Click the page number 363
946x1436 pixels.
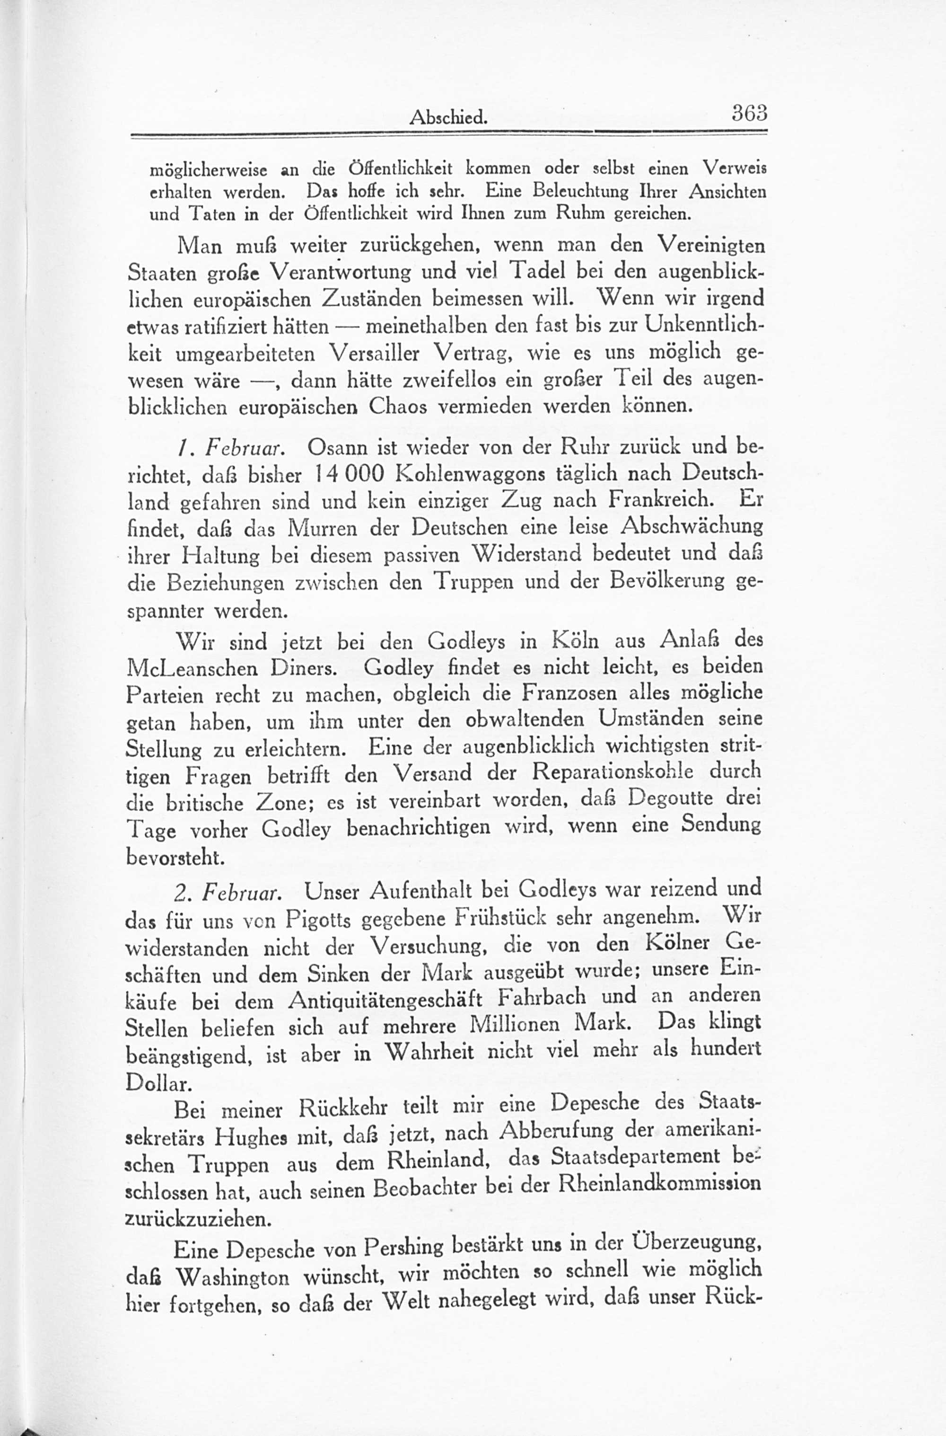749,114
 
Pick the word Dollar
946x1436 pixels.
158,1083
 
